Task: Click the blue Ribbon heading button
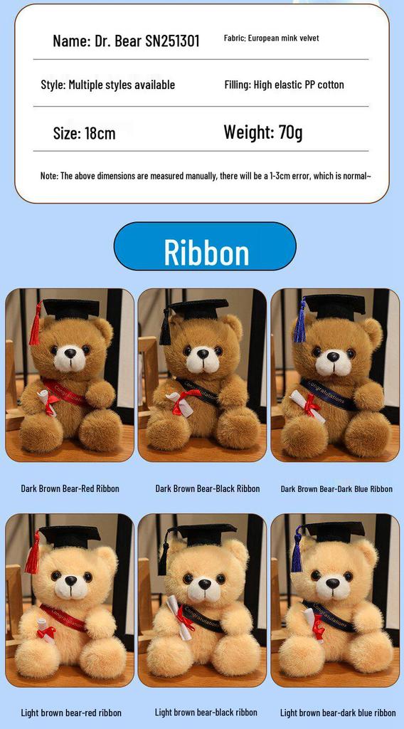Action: [x=205, y=247]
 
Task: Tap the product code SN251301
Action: [x=172, y=41]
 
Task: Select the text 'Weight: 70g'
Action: [x=262, y=132]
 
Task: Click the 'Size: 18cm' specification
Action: [x=84, y=133]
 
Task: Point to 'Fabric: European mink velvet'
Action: [x=271, y=38]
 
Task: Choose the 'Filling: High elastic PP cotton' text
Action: [x=284, y=85]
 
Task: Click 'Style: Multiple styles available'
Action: [x=107, y=85]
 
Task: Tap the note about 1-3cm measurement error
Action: [x=206, y=176]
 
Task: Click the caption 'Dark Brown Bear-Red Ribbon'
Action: [x=70, y=488]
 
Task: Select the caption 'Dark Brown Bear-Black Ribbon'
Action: [x=208, y=488]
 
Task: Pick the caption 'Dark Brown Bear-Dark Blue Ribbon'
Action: [x=336, y=489]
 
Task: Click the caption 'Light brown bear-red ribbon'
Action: [x=71, y=713]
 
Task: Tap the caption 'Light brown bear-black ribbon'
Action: [x=206, y=712]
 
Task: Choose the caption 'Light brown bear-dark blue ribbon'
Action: [x=338, y=713]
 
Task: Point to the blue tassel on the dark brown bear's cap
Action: [x=300, y=324]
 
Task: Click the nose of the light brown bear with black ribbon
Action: [x=204, y=583]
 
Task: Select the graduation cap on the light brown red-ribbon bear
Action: [x=69, y=536]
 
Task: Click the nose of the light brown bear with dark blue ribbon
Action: [x=332, y=582]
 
